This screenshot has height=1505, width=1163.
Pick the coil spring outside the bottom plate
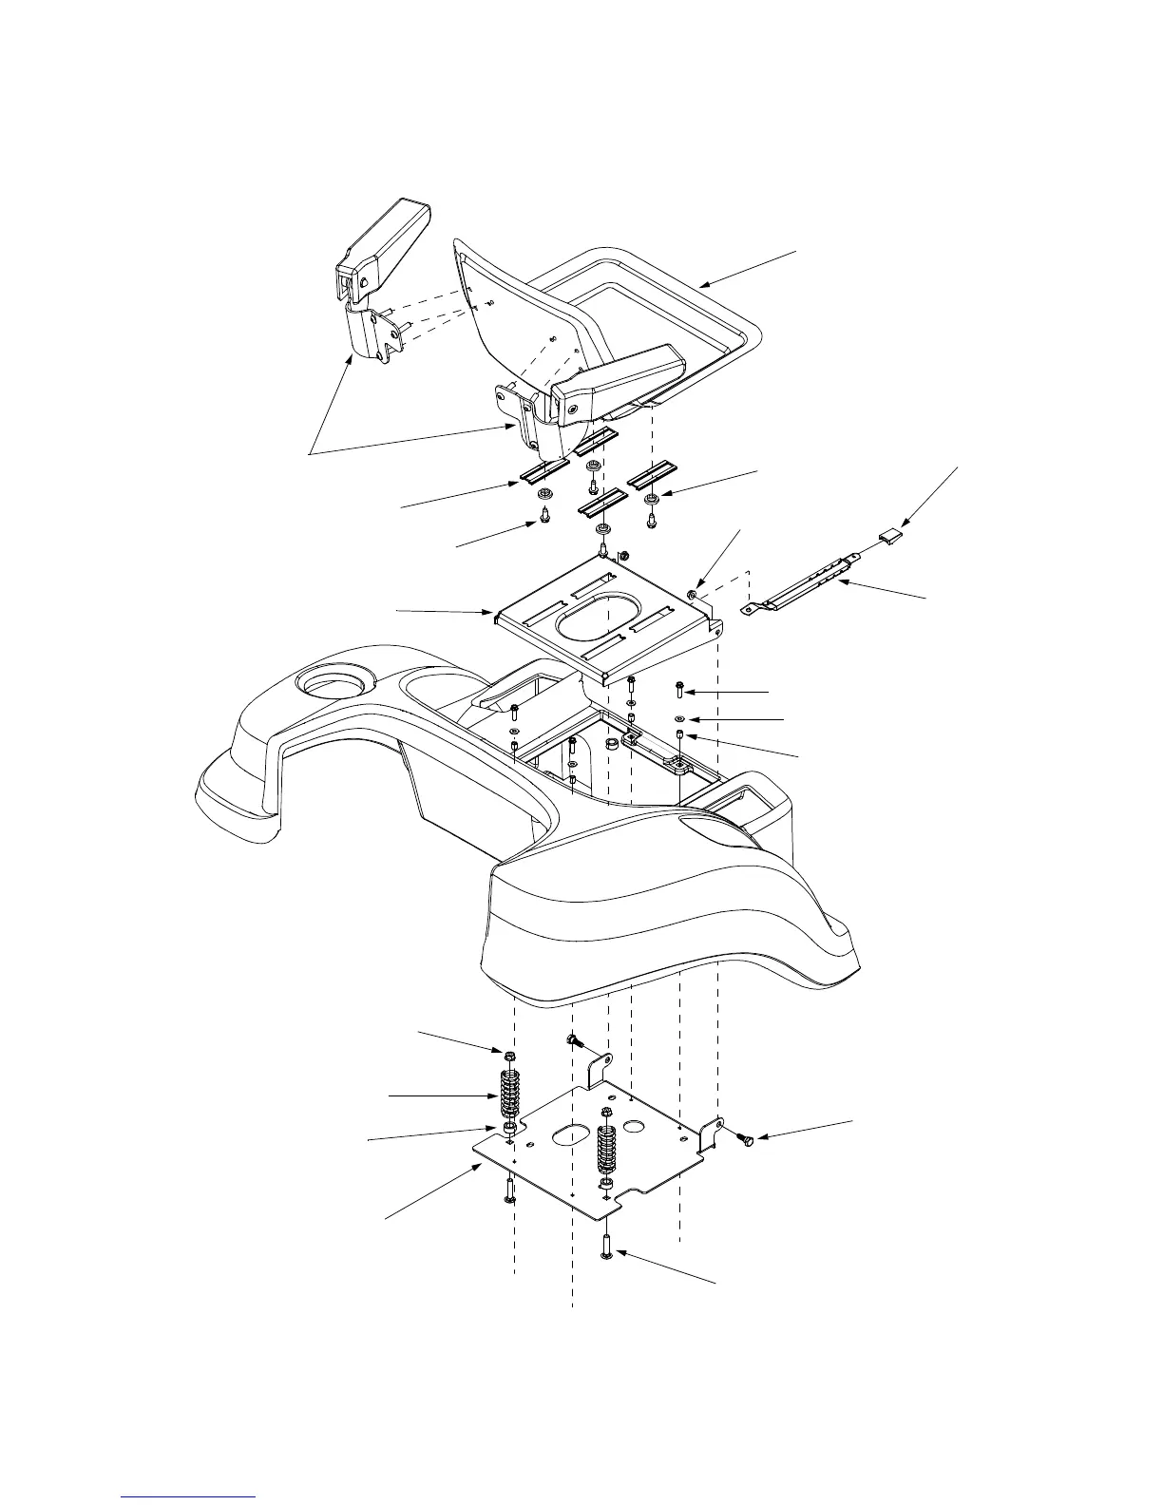tap(510, 1094)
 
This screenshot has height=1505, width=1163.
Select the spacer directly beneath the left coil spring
tap(510, 1127)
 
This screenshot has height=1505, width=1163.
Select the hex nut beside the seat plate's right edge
tap(694, 595)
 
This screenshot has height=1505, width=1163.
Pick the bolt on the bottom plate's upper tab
tap(575, 1042)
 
